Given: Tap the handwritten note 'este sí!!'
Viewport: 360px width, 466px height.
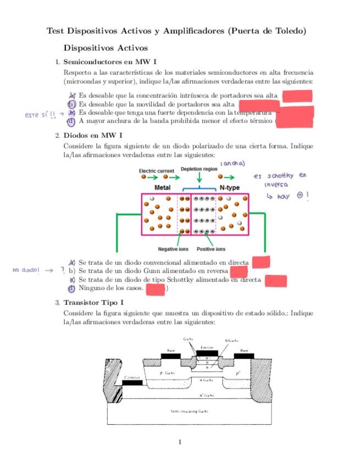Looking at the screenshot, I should coord(40,115).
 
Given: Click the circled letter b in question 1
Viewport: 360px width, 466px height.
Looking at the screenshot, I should coord(70,103).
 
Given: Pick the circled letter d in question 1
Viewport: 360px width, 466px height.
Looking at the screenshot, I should coord(70,121).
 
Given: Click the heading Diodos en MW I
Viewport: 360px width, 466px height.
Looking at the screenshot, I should coord(93,135).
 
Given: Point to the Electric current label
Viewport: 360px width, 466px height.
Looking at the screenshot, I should coord(156,171).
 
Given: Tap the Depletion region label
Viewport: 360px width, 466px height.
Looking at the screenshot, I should coord(199,169).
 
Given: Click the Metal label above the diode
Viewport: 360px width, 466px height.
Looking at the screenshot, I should coord(162,187).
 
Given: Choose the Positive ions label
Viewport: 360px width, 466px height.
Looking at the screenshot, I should coord(211,249).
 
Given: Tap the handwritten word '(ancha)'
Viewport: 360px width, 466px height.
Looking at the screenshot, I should coord(232,163).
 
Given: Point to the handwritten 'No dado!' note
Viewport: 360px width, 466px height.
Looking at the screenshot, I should coord(26,270).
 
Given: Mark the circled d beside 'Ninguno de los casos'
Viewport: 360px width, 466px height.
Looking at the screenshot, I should coord(71,288).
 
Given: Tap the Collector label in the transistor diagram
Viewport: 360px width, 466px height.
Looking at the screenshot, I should coord(132,378).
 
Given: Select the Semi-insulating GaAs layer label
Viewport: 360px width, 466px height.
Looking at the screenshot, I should coord(190,411).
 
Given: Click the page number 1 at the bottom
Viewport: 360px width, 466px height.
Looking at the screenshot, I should coord(180,441).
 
